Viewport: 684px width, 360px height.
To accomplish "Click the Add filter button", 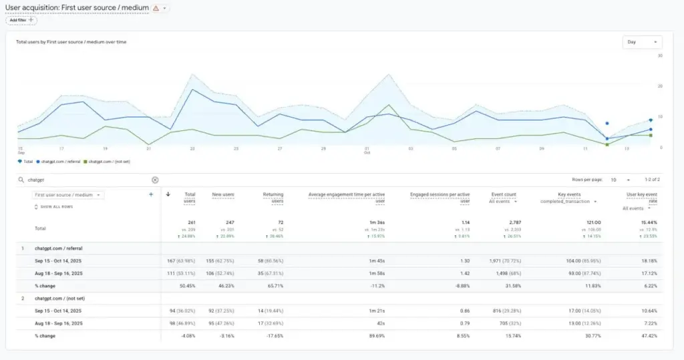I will [x=21, y=20].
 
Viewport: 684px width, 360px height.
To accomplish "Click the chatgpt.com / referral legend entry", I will [x=61, y=161].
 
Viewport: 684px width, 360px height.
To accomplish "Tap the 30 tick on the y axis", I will [x=660, y=55].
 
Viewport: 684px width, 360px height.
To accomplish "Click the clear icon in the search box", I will [x=155, y=180].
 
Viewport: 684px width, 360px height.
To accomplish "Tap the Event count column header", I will [x=504, y=194].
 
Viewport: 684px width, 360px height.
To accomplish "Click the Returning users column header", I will [x=273, y=197].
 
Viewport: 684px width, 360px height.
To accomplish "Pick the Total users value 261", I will [x=190, y=222].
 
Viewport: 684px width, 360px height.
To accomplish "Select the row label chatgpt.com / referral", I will [x=59, y=248].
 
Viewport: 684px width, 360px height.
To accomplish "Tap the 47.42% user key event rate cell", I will [x=648, y=336].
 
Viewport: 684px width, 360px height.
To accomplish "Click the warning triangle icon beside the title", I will [x=156, y=8].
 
